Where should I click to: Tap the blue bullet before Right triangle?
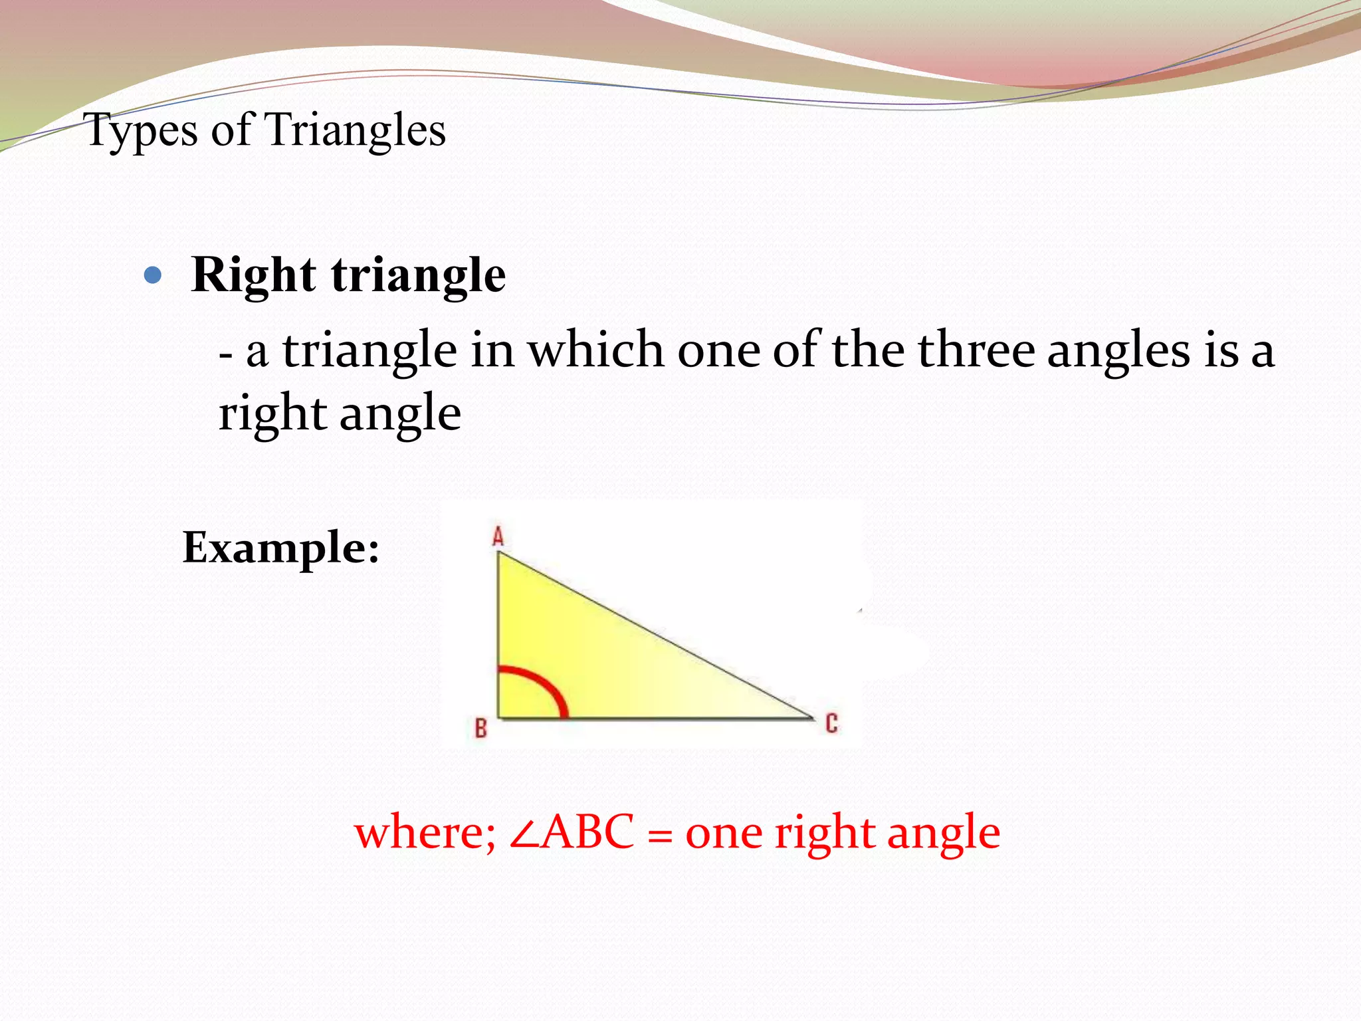pyautogui.click(x=153, y=275)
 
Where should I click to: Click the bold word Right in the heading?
pyautogui.click(x=253, y=275)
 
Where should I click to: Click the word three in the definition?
pyautogui.click(x=976, y=350)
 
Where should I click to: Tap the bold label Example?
pyautogui.click(x=280, y=549)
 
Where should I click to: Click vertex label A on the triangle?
pyautogui.click(x=498, y=536)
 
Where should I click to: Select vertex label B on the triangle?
pyautogui.click(x=480, y=729)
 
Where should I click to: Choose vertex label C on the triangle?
pyautogui.click(x=831, y=723)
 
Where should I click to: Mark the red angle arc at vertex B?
pyautogui.click(x=549, y=685)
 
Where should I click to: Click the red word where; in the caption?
pyautogui.click(x=425, y=832)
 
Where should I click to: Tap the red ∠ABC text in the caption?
pyautogui.click(x=572, y=832)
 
